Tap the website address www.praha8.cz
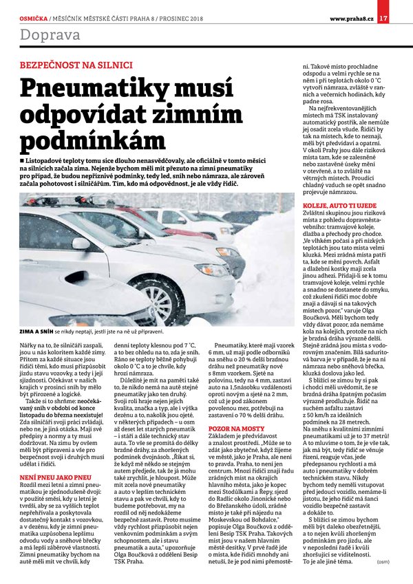[352, 8]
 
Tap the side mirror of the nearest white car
[81, 243]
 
